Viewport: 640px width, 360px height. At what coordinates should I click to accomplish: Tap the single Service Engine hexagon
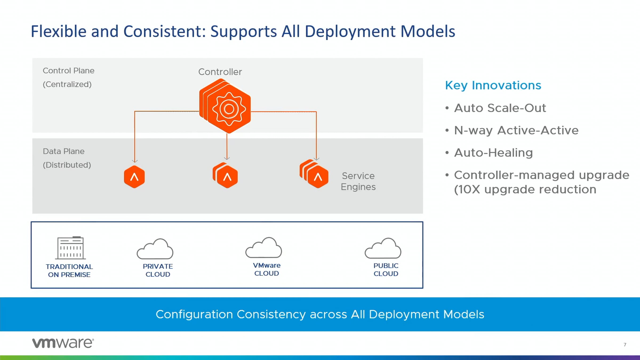pyautogui.click(x=134, y=177)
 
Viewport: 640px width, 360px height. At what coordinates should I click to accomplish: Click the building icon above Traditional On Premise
pyautogui.click(x=70, y=248)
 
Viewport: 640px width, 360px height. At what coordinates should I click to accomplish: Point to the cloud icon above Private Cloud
pyautogui.click(x=155, y=249)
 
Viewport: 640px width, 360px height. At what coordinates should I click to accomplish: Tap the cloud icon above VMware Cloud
pyautogui.click(x=263, y=248)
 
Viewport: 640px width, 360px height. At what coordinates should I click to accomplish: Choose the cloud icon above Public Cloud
pyautogui.click(x=383, y=249)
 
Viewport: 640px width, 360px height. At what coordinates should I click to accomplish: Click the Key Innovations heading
pyautogui.click(x=493, y=85)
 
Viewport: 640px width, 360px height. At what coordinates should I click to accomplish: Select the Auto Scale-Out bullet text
pyautogui.click(x=500, y=108)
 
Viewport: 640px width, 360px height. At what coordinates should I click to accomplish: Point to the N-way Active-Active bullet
pyautogui.click(x=516, y=130)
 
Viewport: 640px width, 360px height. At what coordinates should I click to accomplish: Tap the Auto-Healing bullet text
pyautogui.click(x=493, y=153)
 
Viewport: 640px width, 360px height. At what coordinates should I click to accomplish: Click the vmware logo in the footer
pyautogui.click(x=63, y=343)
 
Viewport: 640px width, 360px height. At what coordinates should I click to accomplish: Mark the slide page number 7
pyautogui.click(x=625, y=345)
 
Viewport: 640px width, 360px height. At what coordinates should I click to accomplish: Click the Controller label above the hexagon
pyautogui.click(x=220, y=72)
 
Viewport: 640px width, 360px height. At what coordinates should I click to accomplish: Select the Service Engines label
pyautogui.click(x=358, y=181)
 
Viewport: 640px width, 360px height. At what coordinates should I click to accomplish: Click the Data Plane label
pyautogui.click(x=64, y=151)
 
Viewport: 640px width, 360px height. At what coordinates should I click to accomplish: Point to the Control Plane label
pyautogui.click(x=69, y=71)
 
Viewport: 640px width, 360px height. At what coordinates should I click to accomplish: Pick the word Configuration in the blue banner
pyautogui.click(x=194, y=314)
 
